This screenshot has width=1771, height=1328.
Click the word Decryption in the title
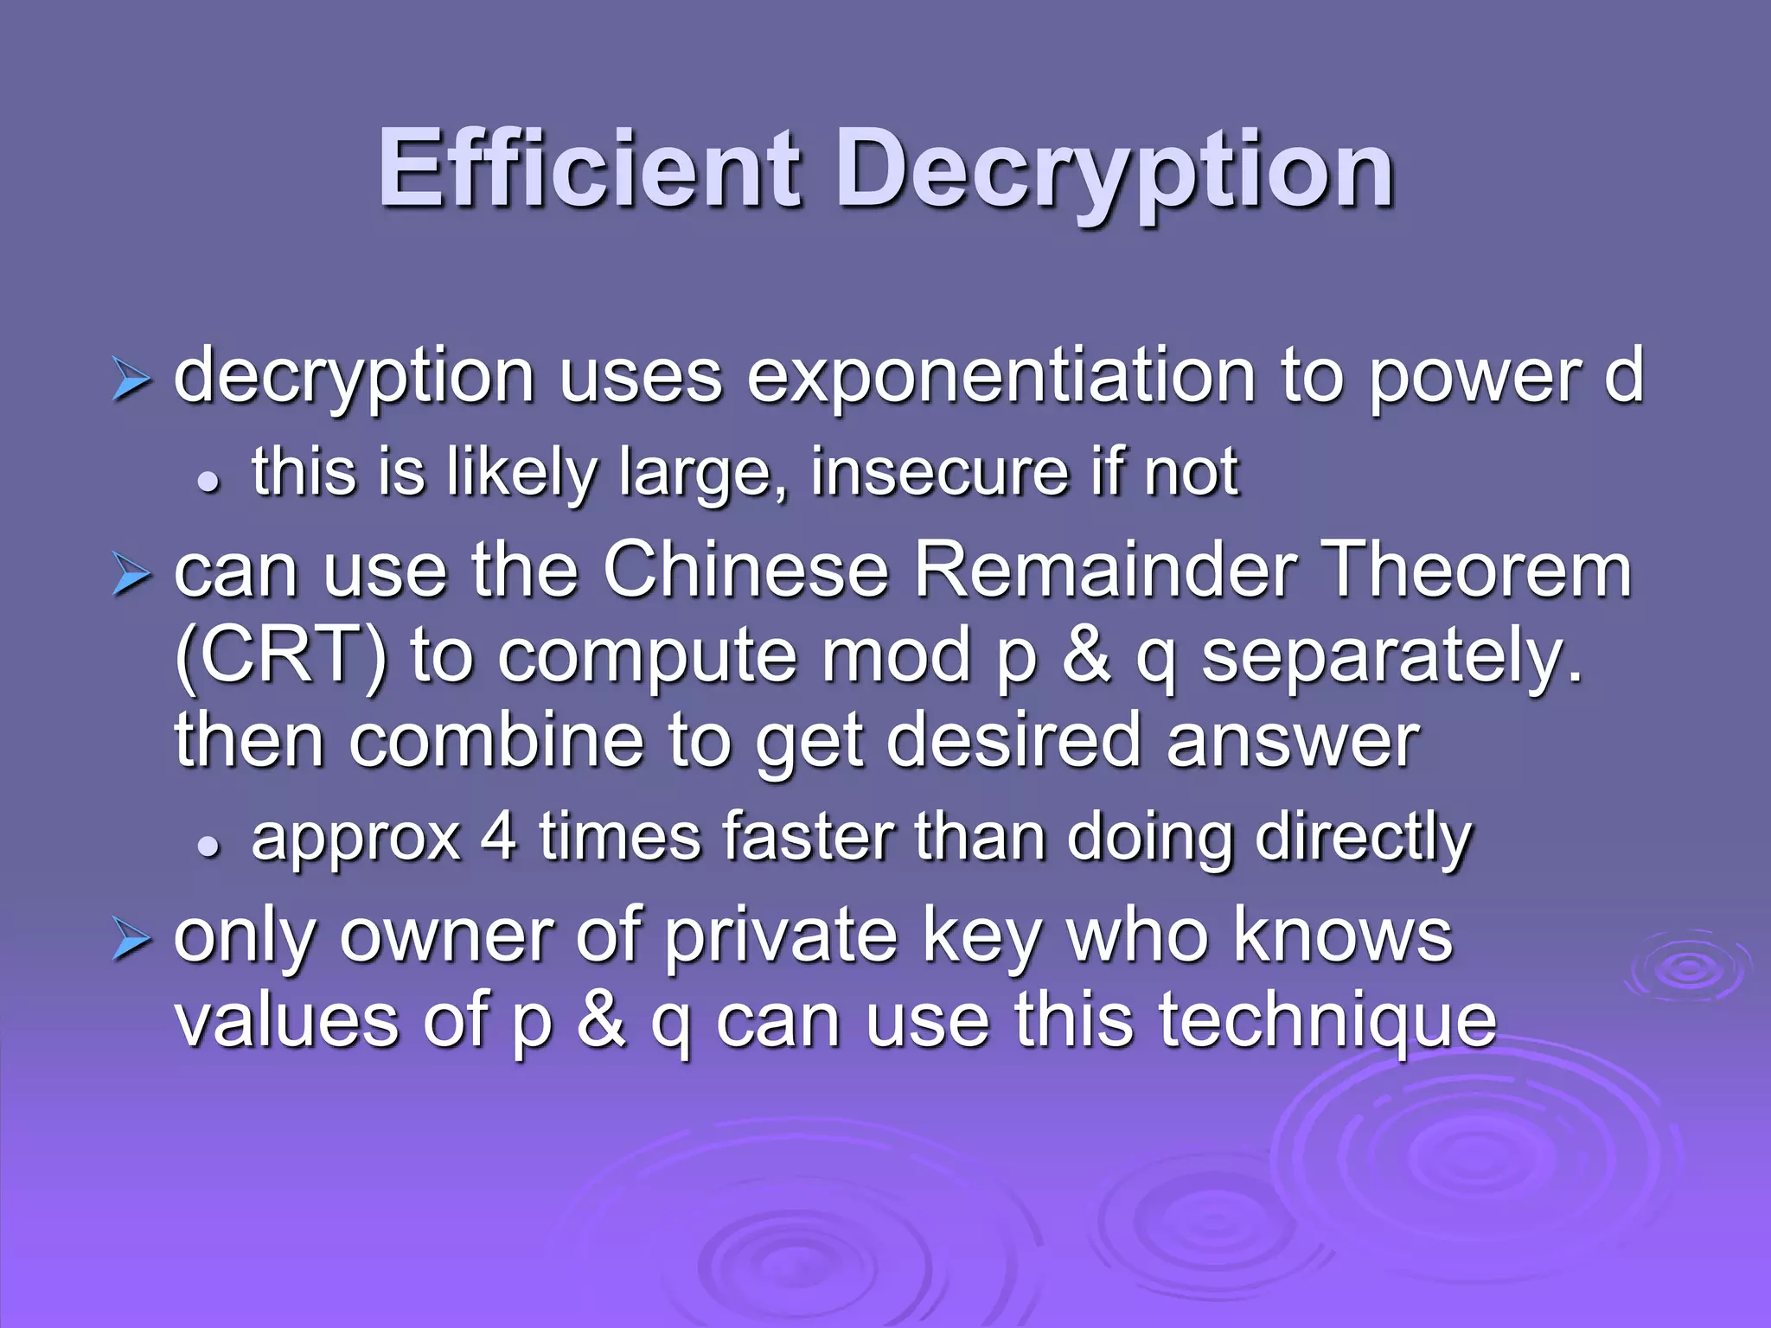pyautogui.click(x=1115, y=171)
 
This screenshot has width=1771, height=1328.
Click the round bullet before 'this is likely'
pyautogui.click(x=208, y=483)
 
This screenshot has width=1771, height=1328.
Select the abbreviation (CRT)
pyautogui.click(x=282, y=657)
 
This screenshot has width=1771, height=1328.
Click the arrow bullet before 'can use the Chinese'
pyautogui.click(x=131, y=576)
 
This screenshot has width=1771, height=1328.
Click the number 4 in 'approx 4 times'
pyautogui.click(x=499, y=836)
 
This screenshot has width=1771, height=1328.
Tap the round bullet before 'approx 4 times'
pyautogui.click(x=208, y=847)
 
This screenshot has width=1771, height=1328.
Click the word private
pyautogui.click(x=782, y=937)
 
